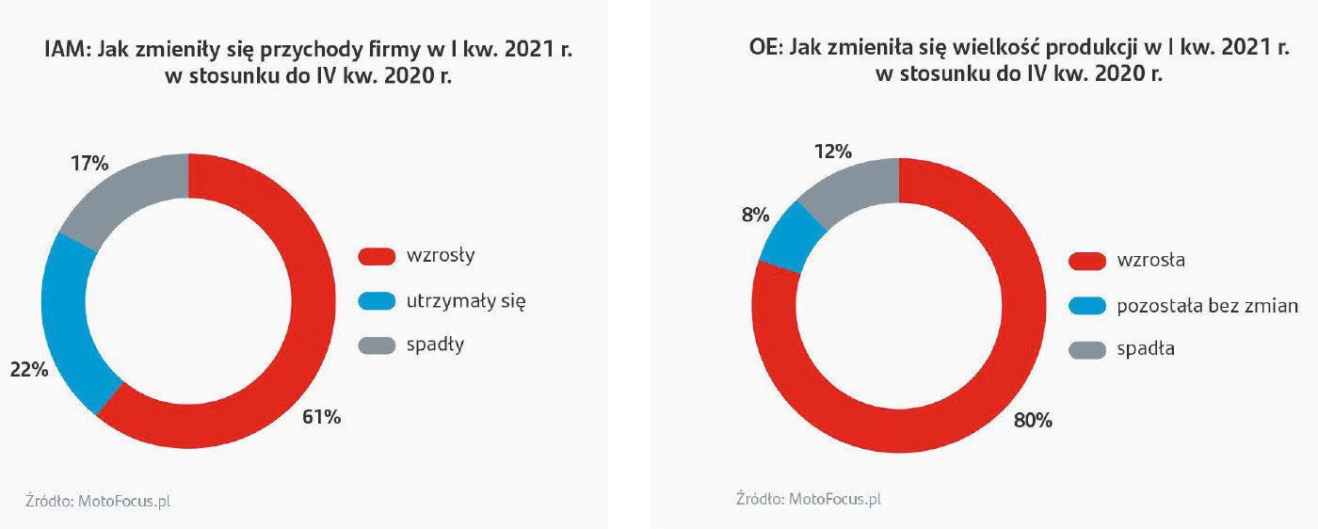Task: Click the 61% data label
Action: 322,417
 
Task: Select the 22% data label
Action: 28,370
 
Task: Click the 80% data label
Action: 1033,421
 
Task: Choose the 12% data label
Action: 833,152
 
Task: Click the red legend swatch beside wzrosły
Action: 377,256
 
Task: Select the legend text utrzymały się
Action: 466,301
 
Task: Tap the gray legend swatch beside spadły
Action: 377,345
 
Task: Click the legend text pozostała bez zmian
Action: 1207,305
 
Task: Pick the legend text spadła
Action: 1146,349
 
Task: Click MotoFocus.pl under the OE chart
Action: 834,499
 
